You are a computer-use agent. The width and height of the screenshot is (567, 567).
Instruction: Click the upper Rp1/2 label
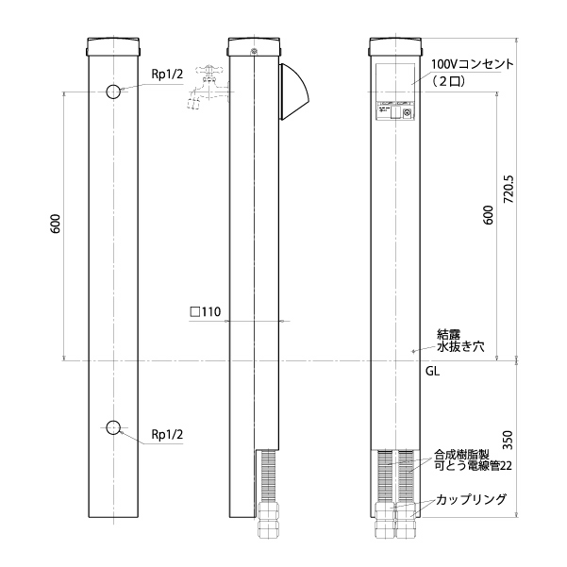pyautogui.click(x=167, y=75)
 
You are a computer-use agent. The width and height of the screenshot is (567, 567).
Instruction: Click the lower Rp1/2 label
pyautogui.click(x=167, y=434)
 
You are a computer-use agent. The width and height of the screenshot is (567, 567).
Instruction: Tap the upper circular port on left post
pyautogui.click(x=113, y=92)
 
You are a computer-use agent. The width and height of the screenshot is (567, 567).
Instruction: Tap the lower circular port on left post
pyautogui.click(x=113, y=427)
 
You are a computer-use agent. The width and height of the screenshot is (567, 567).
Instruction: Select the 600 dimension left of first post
pyautogui.click(x=56, y=224)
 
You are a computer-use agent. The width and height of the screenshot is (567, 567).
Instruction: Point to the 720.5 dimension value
pyautogui.click(x=509, y=189)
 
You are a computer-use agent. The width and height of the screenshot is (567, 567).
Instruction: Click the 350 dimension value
pyautogui.click(x=509, y=440)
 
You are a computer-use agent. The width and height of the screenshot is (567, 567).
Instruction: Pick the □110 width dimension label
pyautogui.click(x=205, y=311)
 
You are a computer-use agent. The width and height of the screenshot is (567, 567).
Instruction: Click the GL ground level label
pyautogui.click(x=432, y=372)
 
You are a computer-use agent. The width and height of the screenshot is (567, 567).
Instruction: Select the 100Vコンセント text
pyautogui.click(x=472, y=64)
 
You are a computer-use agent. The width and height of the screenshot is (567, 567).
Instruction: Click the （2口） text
pyautogui.click(x=448, y=81)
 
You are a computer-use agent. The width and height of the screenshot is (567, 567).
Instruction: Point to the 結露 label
pyautogui.click(x=449, y=334)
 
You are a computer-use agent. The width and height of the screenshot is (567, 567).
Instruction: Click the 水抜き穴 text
pyautogui.click(x=460, y=346)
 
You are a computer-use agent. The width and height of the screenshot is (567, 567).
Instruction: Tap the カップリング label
pyautogui.click(x=471, y=499)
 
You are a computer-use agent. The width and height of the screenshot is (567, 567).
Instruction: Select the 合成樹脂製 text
pyautogui.click(x=461, y=455)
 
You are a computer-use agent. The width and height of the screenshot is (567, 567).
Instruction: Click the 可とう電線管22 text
pyautogui.click(x=473, y=466)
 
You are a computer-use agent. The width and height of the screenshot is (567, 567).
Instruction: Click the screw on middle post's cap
pyautogui.click(x=254, y=51)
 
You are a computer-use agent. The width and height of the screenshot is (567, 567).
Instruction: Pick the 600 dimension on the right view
pyautogui.click(x=488, y=215)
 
